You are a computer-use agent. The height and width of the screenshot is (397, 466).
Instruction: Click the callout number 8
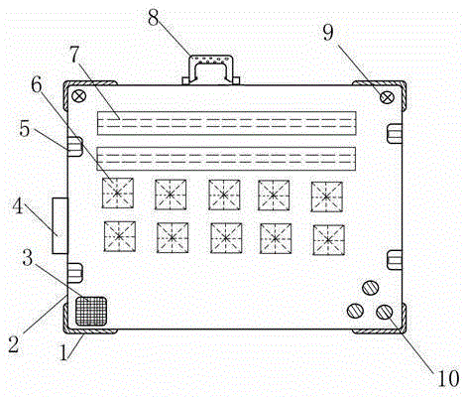click(154, 18)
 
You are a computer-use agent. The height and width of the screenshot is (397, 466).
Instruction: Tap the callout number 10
click(448, 377)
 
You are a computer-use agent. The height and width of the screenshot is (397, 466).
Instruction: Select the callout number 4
click(18, 206)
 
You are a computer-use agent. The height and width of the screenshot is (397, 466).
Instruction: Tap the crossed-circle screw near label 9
click(387, 97)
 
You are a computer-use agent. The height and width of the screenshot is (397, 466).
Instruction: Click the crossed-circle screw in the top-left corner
click(79, 96)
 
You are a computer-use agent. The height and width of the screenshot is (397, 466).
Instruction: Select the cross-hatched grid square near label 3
click(91, 311)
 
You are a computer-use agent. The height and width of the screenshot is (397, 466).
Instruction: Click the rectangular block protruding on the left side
click(59, 225)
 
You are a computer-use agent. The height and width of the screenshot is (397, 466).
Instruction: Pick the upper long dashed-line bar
click(227, 123)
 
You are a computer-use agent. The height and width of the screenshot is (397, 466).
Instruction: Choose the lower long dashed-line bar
click(226, 159)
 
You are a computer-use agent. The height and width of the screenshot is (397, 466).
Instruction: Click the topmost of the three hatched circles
click(371, 288)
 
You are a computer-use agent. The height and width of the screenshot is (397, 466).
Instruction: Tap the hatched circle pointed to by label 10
click(385, 312)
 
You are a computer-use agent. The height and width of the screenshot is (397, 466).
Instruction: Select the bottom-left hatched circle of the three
click(355, 311)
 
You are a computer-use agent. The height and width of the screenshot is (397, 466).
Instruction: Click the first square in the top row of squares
click(118, 193)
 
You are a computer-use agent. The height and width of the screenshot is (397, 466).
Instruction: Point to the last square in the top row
click(327, 197)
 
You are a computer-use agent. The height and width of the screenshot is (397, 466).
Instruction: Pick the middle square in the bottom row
click(226, 238)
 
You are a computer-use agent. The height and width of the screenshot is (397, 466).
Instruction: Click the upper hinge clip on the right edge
click(395, 133)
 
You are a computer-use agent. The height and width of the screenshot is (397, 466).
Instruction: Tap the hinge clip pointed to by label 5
click(75, 147)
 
